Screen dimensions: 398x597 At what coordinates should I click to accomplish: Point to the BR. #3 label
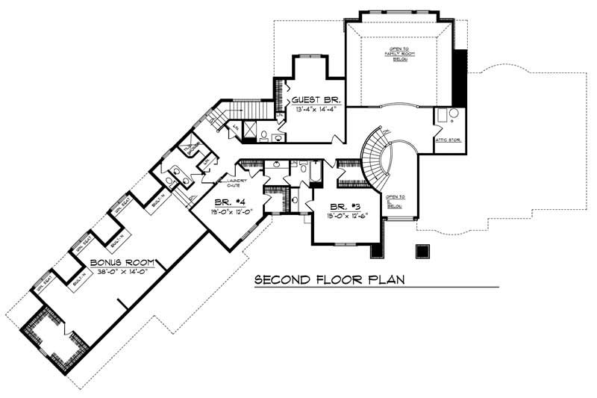pyautogui.click(x=343, y=206)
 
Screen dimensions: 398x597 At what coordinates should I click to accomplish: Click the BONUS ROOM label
pyautogui.click(x=123, y=263)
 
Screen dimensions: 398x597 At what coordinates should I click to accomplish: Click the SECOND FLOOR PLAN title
pyautogui.click(x=329, y=281)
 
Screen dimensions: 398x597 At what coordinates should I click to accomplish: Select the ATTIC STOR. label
pyautogui.click(x=446, y=140)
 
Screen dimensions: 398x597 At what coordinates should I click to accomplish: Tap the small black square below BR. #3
pyautogui.click(x=422, y=252)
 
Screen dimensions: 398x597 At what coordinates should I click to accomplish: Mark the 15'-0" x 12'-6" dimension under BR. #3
pyautogui.click(x=343, y=216)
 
